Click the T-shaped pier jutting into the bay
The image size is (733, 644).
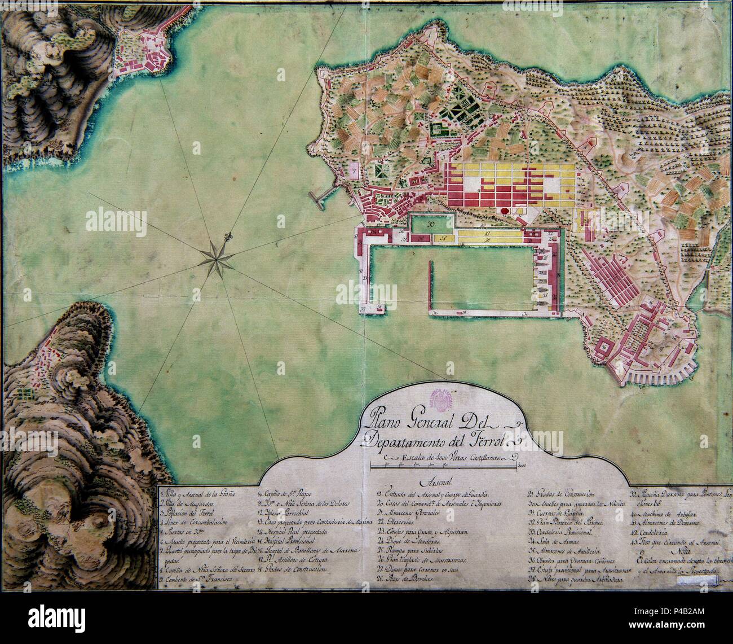319,199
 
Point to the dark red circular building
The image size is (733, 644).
505,209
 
